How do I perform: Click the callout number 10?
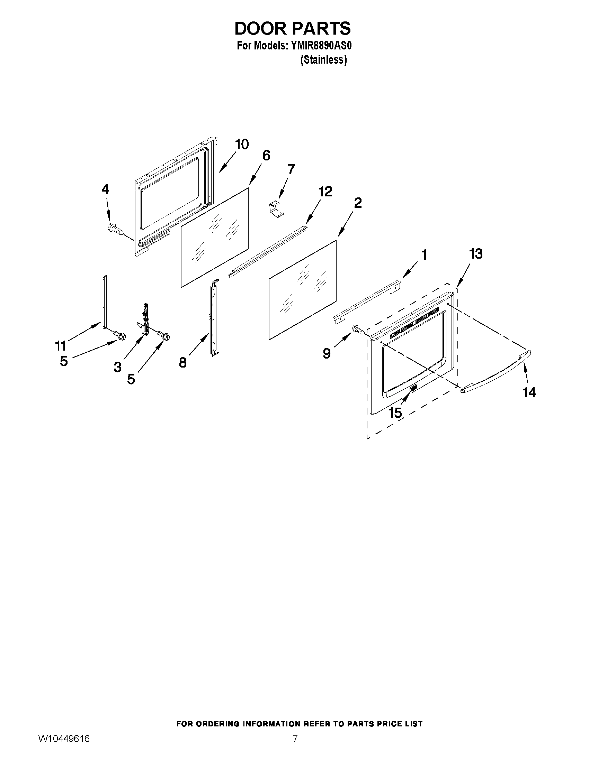pyautogui.click(x=241, y=144)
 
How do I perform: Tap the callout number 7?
pyautogui.click(x=291, y=169)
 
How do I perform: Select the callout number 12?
pyautogui.click(x=325, y=191)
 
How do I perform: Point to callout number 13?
pyautogui.click(x=475, y=254)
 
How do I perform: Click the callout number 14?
pyautogui.click(x=529, y=392)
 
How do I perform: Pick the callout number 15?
pyautogui.click(x=395, y=413)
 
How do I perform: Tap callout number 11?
pyautogui.click(x=60, y=346)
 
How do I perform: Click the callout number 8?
pyautogui.click(x=182, y=363)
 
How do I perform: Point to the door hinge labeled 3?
pyautogui.click(x=145, y=319)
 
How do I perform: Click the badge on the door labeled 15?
pyautogui.click(x=413, y=388)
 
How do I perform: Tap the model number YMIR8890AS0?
pyautogui.click(x=319, y=46)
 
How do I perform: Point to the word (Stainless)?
pyautogui.click(x=323, y=60)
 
